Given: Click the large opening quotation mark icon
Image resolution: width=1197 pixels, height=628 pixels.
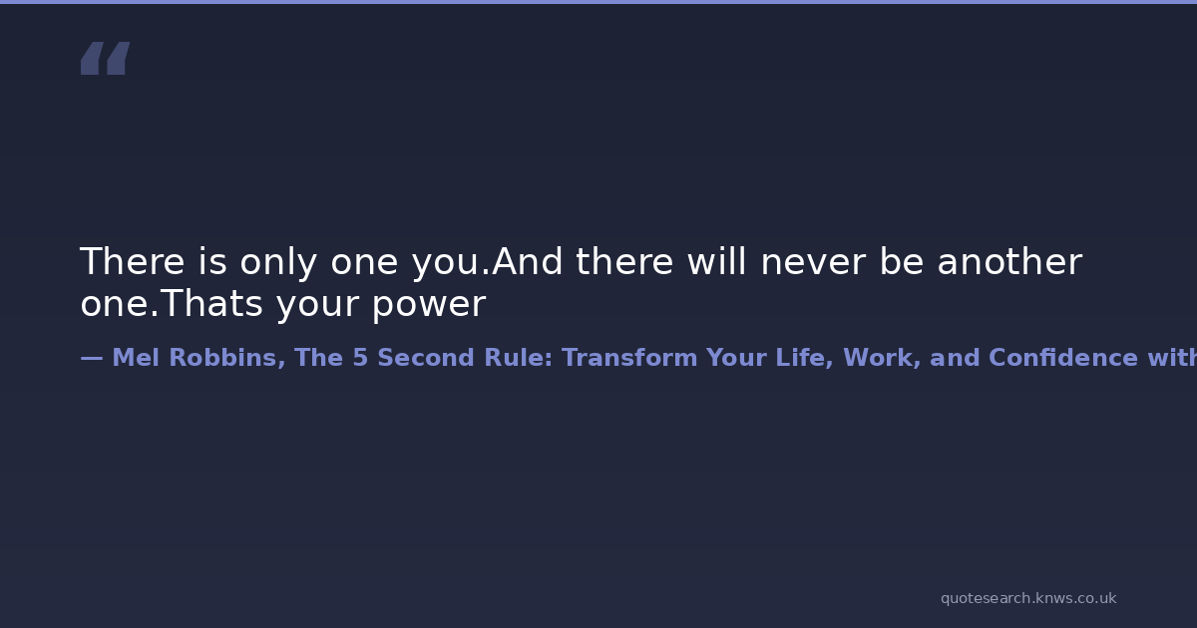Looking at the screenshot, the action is (x=106, y=58).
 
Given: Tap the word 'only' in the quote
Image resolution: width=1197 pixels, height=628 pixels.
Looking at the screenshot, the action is (x=278, y=262).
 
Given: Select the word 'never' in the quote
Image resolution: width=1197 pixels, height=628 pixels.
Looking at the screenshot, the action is (x=813, y=262).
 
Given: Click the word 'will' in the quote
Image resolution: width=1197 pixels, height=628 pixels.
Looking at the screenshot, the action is (x=716, y=261).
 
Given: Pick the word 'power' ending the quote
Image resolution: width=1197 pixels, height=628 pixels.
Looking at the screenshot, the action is (x=429, y=305).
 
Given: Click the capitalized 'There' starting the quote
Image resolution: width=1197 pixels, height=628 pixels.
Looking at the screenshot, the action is (x=133, y=261).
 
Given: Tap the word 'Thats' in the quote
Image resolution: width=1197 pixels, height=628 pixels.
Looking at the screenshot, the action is (x=211, y=303).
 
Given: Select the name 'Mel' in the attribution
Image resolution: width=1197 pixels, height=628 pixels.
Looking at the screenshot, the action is (x=136, y=357).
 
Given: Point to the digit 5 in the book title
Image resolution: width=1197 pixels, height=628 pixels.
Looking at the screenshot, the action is (x=360, y=358).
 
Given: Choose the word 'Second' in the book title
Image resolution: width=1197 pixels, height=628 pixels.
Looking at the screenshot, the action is (x=426, y=357).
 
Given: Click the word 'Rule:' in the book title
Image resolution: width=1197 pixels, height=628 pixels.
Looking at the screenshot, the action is (x=518, y=357).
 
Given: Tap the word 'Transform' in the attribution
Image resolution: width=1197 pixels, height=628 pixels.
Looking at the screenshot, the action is (x=629, y=357).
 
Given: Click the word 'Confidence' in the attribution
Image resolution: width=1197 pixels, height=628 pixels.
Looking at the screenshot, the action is (x=1063, y=357).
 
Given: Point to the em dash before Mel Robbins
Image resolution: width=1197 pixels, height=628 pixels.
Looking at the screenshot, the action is (x=92, y=358).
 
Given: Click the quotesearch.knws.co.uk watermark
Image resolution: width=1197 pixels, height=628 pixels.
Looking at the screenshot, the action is (x=1028, y=598).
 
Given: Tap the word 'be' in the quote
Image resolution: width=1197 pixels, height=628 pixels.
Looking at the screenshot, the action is (x=902, y=261).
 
